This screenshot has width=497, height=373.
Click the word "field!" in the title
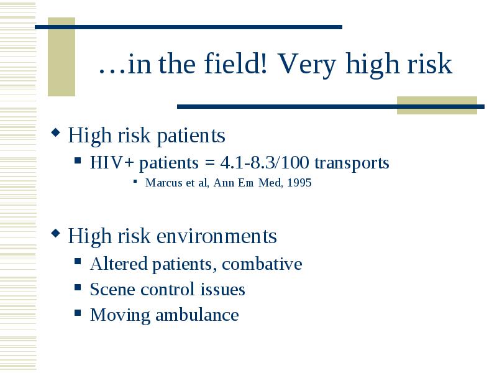[x=235, y=63]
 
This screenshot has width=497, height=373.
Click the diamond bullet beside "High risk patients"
[x=55, y=132]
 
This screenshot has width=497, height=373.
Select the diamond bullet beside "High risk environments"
[x=55, y=234]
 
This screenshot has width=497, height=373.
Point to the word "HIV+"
[x=112, y=162]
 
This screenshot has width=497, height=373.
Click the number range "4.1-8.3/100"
[x=265, y=162]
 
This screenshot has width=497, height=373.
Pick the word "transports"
[x=352, y=163]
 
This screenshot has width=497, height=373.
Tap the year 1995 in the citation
[x=299, y=183]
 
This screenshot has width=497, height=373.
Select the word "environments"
[x=216, y=236]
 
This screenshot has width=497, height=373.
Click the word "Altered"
[x=119, y=264]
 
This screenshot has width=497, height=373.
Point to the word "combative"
[x=262, y=264]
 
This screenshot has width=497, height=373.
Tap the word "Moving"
[x=120, y=316]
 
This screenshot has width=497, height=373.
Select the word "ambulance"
[x=197, y=315]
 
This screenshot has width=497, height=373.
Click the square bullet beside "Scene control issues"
[x=78, y=287]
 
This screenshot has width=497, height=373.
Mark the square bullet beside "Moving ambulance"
[x=78, y=313]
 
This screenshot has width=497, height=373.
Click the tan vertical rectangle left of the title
[x=62, y=57]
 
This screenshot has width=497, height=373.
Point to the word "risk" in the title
[x=429, y=63]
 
